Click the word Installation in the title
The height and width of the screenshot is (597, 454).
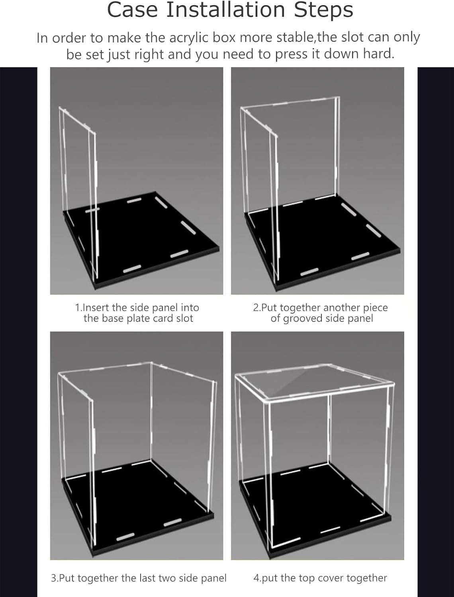pos(225,10)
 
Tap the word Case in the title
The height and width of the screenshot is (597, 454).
pos(133,10)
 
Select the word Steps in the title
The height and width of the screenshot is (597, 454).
pos(323,10)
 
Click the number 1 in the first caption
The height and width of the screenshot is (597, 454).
pos(78,308)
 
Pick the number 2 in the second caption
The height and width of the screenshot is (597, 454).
pos(256,308)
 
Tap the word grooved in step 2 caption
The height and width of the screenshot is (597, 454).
pos(303,319)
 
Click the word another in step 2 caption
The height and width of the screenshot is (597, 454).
pos(342,308)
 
